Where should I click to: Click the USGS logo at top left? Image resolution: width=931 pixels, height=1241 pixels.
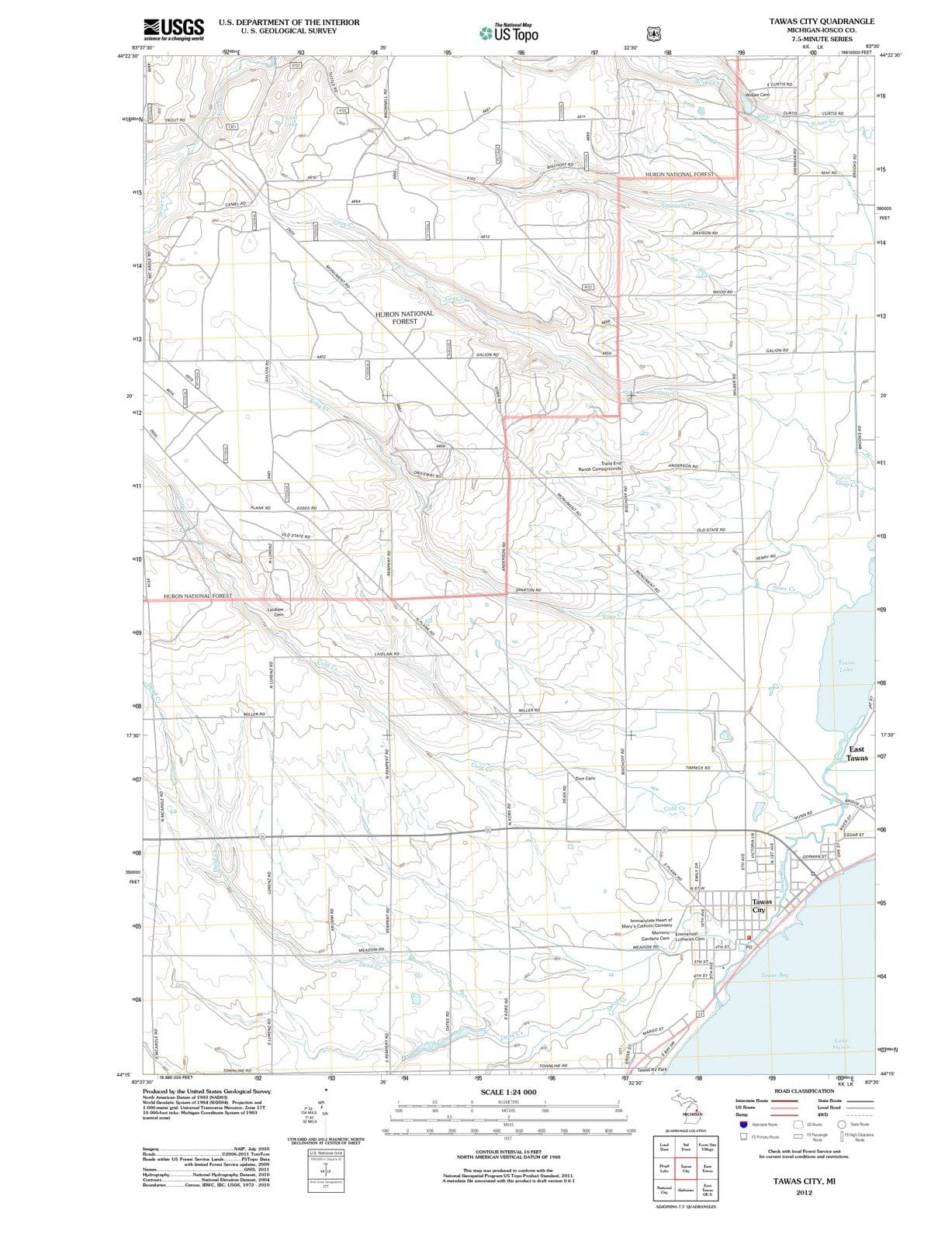tap(175, 29)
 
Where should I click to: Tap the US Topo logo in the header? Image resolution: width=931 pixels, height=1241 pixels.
tap(508, 33)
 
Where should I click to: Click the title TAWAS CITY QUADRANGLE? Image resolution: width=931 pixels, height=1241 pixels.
tap(822, 21)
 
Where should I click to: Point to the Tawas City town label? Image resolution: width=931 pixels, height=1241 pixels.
tap(761, 906)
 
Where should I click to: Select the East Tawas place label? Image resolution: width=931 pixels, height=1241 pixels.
tap(857, 753)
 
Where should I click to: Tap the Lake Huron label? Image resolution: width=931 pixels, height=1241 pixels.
tap(841, 1043)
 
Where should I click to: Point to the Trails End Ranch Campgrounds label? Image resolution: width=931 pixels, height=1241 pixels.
tap(600, 466)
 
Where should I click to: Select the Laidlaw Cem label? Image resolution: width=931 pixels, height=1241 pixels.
tap(275, 612)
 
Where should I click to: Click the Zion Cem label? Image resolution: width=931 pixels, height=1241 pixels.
tap(584, 778)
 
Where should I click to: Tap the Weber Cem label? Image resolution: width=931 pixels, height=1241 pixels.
tap(756, 95)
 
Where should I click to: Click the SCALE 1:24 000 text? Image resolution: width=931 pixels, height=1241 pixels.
tap(508, 1092)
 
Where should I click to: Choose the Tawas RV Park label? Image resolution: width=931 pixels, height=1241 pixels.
tap(652, 1069)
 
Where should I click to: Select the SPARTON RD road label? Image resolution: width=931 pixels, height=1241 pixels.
tap(528, 590)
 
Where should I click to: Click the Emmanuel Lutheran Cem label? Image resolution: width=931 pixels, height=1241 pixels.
tap(689, 936)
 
